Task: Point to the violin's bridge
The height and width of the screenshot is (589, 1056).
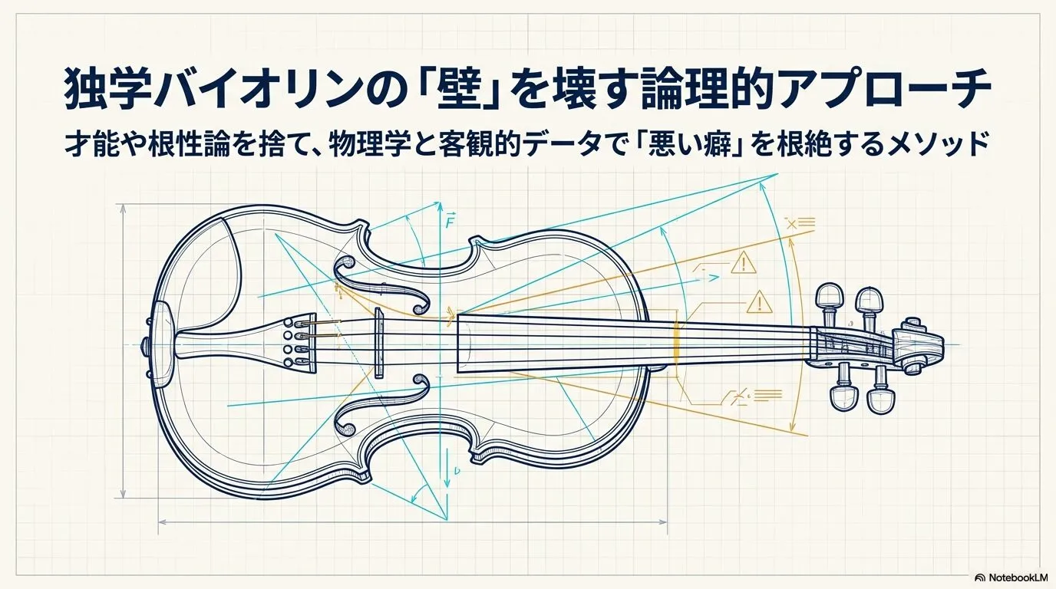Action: point(378,343)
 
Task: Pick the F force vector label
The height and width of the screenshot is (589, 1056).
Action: point(450,220)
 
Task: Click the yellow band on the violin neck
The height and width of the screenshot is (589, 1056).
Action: point(676,342)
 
